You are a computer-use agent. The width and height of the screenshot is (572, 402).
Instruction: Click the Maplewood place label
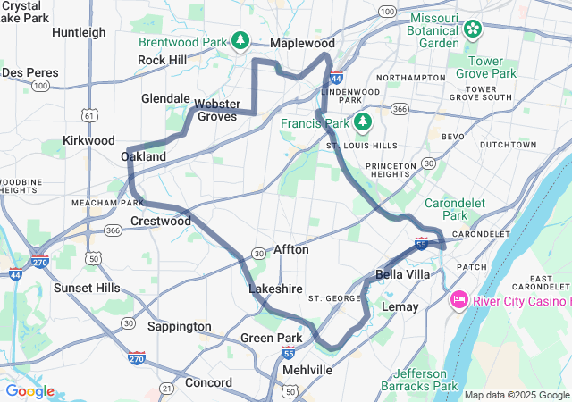(x=303, y=43)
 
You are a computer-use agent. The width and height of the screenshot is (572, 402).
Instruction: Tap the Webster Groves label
(x=216, y=110)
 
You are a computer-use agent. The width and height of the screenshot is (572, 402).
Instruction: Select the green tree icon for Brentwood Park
(x=240, y=41)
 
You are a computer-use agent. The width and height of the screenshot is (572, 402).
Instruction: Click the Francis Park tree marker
(x=362, y=121)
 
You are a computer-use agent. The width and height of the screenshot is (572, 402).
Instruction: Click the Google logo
(x=29, y=391)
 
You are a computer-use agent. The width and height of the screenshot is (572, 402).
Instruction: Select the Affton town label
(x=291, y=250)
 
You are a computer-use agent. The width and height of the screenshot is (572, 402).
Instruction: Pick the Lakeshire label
(x=272, y=290)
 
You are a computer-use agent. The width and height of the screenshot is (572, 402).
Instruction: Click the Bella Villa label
(x=403, y=274)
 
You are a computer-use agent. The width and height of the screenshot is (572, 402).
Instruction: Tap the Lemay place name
(x=400, y=306)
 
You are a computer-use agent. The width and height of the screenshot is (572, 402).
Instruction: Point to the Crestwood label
(x=161, y=221)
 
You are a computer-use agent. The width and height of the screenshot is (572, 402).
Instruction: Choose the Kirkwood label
(x=89, y=140)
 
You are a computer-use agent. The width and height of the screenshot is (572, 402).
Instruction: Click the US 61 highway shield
(x=88, y=115)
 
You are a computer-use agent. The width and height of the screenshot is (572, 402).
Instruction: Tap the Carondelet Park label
(x=456, y=209)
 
